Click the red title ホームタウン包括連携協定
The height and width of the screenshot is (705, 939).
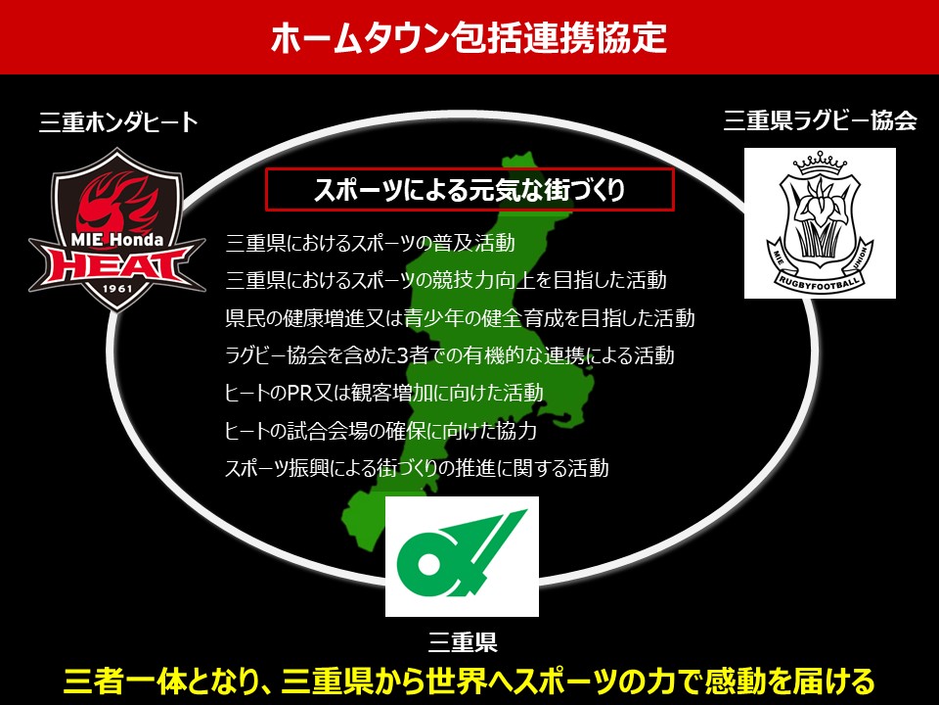469,37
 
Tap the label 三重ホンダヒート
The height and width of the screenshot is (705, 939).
118,121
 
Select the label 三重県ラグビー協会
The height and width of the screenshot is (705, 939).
820,119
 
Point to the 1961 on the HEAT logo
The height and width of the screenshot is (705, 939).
117,288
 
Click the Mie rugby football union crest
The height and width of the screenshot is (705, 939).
820,223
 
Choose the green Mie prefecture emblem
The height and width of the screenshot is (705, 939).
462,555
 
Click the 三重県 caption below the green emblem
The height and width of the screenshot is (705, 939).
463,642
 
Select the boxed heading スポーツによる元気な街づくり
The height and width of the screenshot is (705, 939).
469,189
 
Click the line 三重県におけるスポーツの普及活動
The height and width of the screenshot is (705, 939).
371,243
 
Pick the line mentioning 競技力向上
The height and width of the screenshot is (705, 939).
446,280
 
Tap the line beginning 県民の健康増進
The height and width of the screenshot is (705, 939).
460,317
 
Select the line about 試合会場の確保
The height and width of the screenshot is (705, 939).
380,431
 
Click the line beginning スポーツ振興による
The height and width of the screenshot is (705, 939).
417,468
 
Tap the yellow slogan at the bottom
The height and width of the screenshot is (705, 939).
469,681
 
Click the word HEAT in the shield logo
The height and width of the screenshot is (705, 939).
117,263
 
